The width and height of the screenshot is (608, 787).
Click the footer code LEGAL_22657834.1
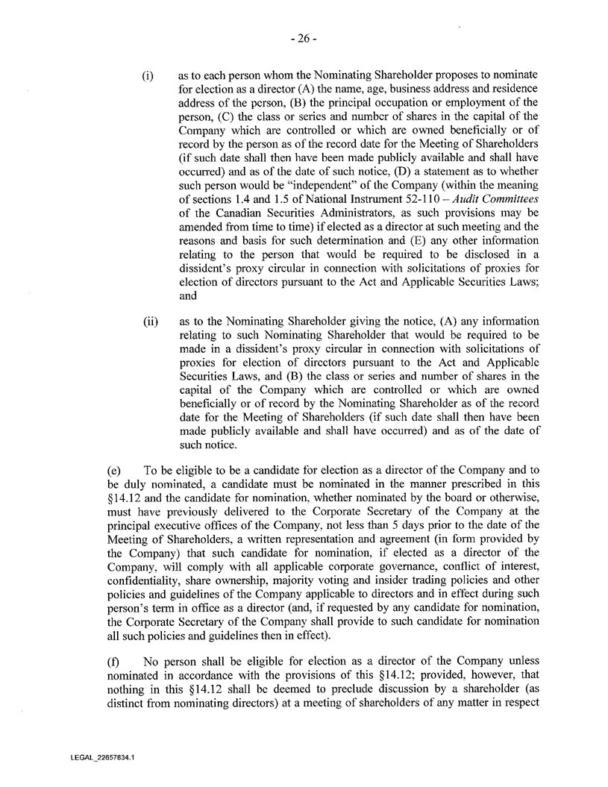(97, 756)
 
